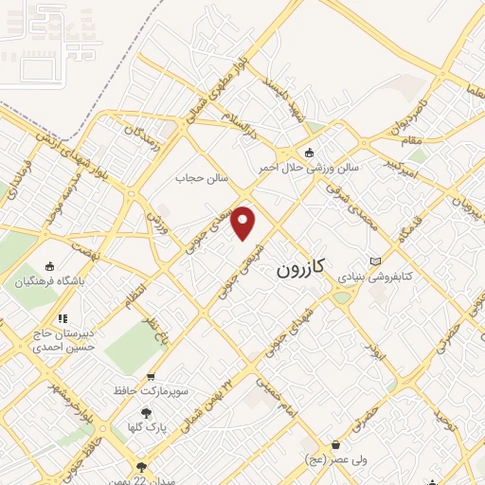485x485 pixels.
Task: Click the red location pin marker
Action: (x=243, y=223)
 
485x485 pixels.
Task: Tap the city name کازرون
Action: (x=300, y=269)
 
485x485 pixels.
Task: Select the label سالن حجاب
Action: (x=197, y=177)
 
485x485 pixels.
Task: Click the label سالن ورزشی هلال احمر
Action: (x=310, y=168)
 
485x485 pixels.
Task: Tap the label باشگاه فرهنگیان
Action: (x=50, y=281)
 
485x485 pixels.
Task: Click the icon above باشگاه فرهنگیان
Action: (x=50, y=266)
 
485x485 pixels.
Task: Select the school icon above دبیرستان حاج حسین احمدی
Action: (x=63, y=318)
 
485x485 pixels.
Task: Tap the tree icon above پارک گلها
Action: (x=145, y=412)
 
